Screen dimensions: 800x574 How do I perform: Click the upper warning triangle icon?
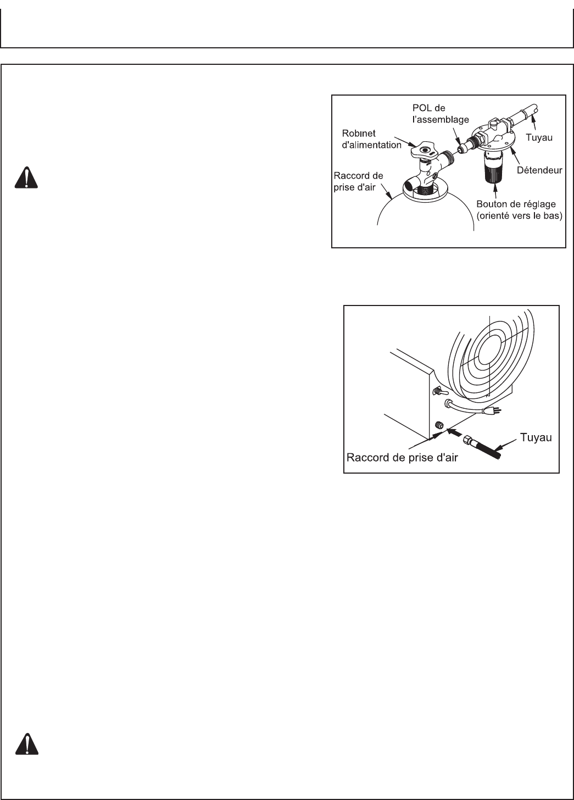coord(23,177)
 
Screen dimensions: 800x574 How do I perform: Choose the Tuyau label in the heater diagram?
coord(535,438)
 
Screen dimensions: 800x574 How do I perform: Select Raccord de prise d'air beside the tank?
coord(358,179)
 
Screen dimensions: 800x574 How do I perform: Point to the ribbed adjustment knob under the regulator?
coord(495,167)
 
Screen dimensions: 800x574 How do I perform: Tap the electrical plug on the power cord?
coord(491,411)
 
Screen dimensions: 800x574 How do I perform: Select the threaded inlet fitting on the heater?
coord(439,425)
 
